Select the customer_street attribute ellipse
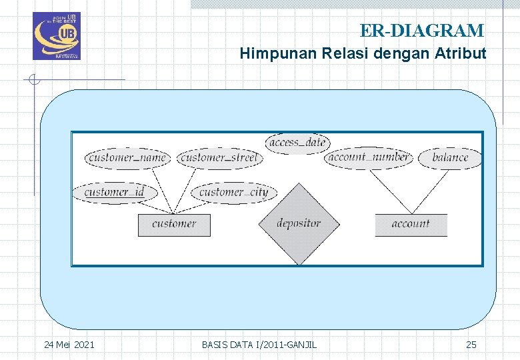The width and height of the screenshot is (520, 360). pos(219,158)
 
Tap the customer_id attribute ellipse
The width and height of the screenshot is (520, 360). pos(115,193)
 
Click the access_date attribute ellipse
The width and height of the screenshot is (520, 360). pos(297,143)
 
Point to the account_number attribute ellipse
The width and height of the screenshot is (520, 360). pos(369,158)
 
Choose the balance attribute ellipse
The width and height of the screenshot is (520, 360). pos(450,158)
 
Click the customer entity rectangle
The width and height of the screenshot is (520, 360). pos(174,225)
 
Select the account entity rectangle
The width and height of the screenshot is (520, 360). pos(411,225)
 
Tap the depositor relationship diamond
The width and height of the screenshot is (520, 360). pos(299,224)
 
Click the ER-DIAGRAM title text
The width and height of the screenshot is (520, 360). pos(421,31)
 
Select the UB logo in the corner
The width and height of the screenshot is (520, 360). pos(56,36)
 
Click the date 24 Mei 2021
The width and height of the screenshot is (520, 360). pos(69,345)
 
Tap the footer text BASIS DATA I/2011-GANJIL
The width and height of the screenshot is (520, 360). pos(259,345)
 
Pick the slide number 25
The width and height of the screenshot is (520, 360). pos(471,345)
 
